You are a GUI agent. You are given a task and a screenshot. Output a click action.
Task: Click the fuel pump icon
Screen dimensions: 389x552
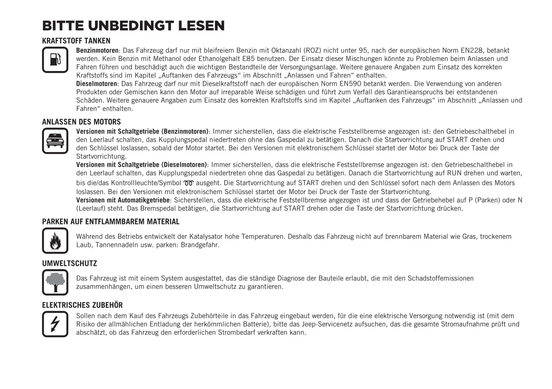click(x=55, y=60)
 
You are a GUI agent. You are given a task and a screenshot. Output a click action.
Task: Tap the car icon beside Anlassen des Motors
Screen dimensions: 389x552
click(x=55, y=141)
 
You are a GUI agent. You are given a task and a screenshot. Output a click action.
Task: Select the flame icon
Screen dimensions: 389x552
click(x=55, y=241)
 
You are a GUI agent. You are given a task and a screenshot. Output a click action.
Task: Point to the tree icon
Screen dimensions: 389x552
click(x=55, y=282)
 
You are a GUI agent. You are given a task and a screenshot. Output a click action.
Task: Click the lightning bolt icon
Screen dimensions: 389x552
click(x=55, y=324)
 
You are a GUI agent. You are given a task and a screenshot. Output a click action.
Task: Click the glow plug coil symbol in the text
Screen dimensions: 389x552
click(x=189, y=183)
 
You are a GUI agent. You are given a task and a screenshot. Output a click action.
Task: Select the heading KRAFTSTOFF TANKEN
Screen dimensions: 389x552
click(x=76, y=41)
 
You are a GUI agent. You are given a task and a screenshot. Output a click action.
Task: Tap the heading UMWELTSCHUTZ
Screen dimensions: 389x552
click(x=70, y=263)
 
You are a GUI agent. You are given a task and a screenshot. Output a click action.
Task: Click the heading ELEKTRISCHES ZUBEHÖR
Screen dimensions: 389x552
click(x=83, y=305)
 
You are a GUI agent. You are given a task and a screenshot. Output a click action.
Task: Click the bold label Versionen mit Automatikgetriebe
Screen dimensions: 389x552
click(x=123, y=200)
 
